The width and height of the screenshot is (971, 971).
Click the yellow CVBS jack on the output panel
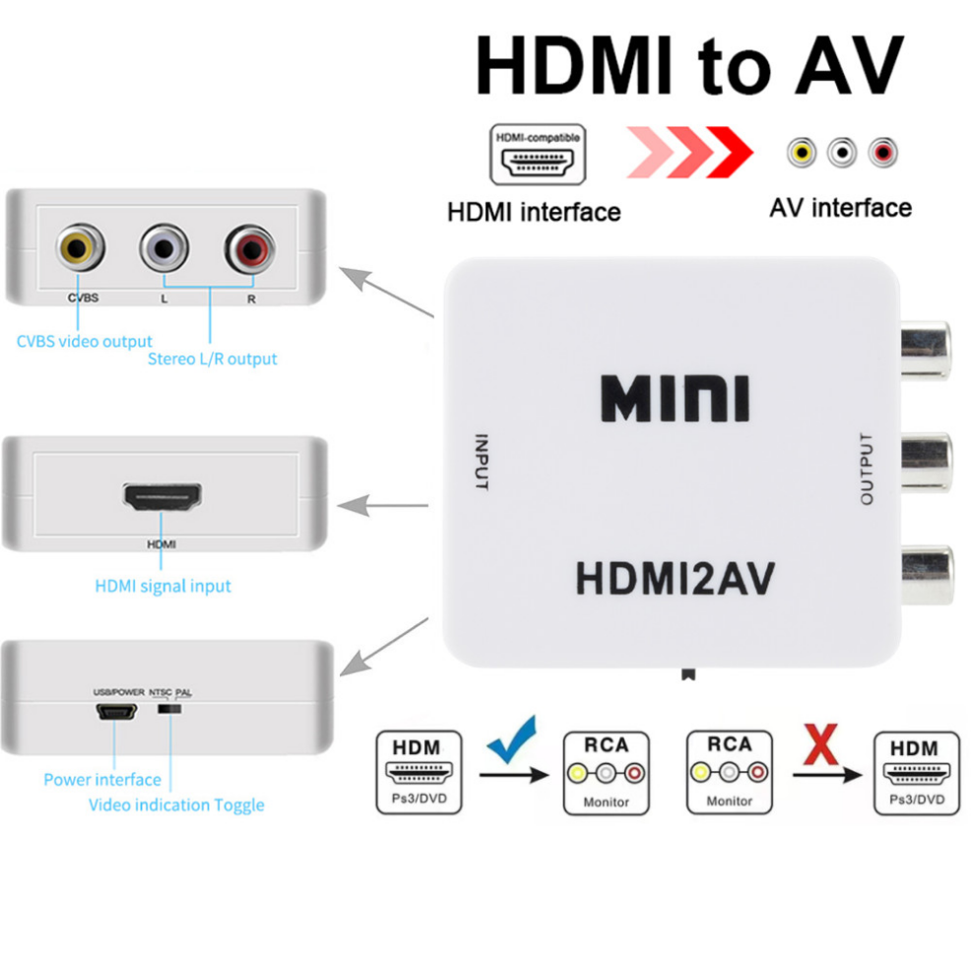(x=79, y=247)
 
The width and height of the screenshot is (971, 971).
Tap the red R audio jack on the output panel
(x=249, y=248)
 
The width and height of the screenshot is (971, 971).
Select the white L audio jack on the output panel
(x=164, y=248)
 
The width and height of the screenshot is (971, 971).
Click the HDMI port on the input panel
(x=162, y=496)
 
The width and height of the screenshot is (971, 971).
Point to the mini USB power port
(x=116, y=712)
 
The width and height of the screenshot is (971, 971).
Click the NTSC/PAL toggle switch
(x=169, y=708)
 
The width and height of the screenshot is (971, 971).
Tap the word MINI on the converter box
(x=675, y=398)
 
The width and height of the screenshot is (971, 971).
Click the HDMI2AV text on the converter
(x=675, y=578)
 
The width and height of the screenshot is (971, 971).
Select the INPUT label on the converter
(x=482, y=462)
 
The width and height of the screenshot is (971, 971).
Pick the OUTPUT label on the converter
(x=867, y=468)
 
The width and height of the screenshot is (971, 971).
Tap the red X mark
(x=820, y=744)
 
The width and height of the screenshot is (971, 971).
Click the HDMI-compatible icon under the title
(x=538, y=155)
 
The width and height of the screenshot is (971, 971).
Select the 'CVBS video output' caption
(x=85, y=341)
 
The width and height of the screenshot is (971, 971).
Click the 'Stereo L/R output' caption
(x=213, y=358)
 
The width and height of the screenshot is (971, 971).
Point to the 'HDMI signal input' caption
(x=162, y=586)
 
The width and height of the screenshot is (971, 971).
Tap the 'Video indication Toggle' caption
(x=176, y=805)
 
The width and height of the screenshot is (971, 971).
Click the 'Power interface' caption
(x=102, y=779)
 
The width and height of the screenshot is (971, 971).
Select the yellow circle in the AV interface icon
(x=802, y=153)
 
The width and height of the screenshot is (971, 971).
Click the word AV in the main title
(x=850, y=65)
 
